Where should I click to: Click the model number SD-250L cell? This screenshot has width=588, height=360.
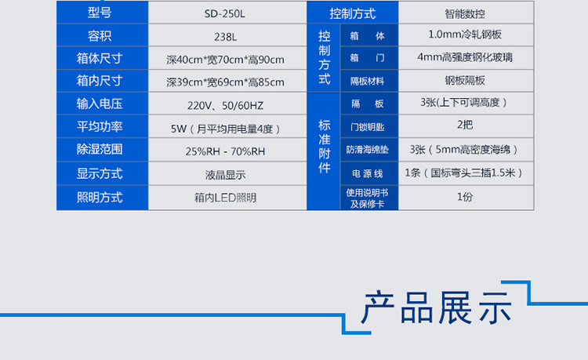[x=225, y=14]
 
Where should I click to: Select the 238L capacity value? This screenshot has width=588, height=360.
[x=225, y=37]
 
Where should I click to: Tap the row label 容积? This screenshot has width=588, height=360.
[x=100, y=36]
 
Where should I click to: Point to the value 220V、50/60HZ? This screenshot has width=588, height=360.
[x=225, y=105]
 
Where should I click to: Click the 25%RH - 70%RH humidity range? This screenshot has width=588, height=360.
[x=225, y=151]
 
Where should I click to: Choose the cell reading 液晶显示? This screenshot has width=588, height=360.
[x=225, y=175]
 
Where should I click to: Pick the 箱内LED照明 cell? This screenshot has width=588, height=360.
[x=225, y=197]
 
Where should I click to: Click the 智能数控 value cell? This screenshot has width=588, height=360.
[x=465, y=14]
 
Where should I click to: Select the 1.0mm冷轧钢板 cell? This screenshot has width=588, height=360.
[x=465, y=35]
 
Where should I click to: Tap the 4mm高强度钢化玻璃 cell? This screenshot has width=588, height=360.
[x=465, y=57]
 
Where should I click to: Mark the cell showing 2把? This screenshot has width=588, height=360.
[x=465, y=125]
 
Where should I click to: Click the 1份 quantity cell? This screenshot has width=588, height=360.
[x=465, y=197]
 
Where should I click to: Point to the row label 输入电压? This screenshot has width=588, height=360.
[x=100, y=104]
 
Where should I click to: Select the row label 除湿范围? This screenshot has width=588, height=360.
[x=100, y=149]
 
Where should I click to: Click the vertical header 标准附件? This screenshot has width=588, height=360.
[x=324, y=146]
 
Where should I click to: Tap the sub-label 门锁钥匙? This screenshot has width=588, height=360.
[x=367, y=127]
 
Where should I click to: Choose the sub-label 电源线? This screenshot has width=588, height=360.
[x=367, y=173]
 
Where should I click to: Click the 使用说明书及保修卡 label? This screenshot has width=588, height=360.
[x=367, y=198]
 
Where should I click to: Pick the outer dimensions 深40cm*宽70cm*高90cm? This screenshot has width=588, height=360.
[x=225, y=60]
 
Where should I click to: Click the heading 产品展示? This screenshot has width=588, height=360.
[x=437, y=307]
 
